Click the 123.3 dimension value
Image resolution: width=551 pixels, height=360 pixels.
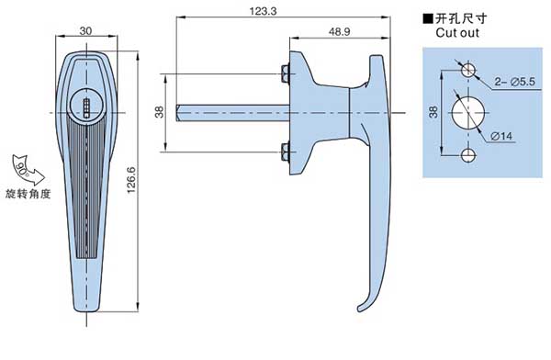(x=263, y=11)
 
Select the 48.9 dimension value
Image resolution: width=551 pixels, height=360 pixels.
(x=340, y=32)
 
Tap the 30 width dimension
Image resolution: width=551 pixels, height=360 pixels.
(x=85, y=31)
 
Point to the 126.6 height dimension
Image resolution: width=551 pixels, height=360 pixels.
(x=131, y=180)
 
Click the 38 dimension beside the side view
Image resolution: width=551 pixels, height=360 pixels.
(x=159, y=112)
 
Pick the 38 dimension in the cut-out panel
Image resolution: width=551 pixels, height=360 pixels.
(x=433, y=112)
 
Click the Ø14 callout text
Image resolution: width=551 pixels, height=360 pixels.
(x=501, y=136)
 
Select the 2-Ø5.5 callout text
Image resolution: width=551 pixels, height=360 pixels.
(x=515, y=82)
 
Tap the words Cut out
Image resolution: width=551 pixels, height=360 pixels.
(x=457, y=33)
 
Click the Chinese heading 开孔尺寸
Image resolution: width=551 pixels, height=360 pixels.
(x=461, y=18)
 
